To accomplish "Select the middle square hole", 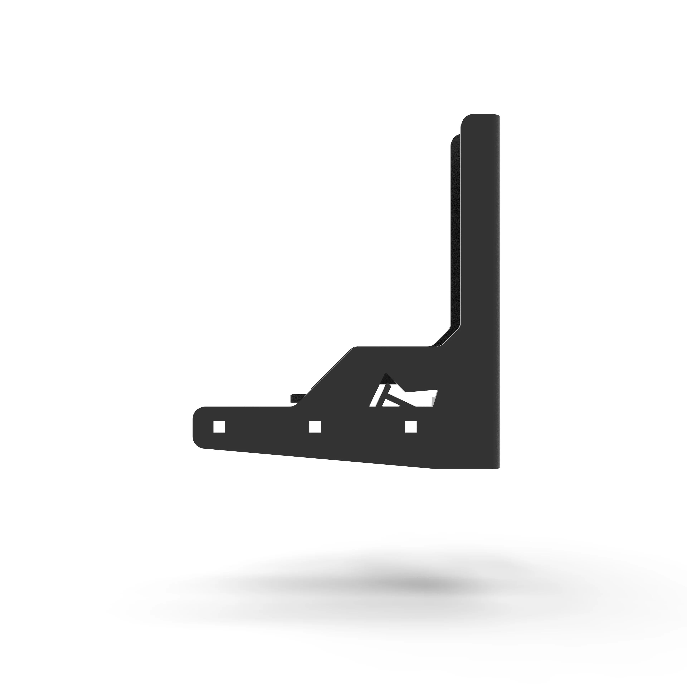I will (x=315, y=427).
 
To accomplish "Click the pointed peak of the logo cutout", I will (x=384, y=374).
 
